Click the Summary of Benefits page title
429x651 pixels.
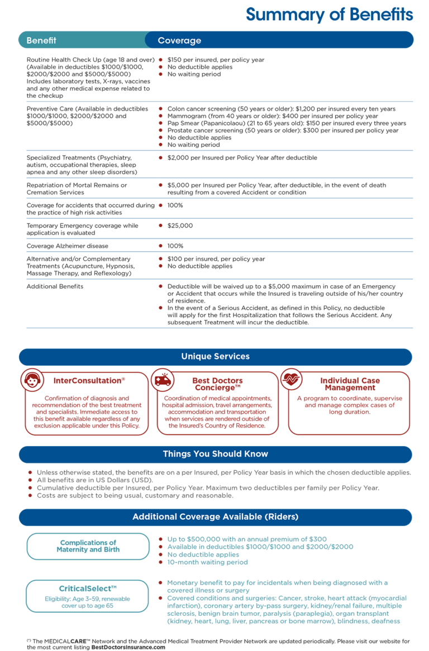tap(329, 15)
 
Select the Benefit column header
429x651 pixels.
tap(41, 40)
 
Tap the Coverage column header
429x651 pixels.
tap(179, 40)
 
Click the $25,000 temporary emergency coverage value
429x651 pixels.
tap(180, 226)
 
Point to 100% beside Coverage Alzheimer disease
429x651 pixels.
tap(175, 246)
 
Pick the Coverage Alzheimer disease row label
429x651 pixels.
tap(68, 246)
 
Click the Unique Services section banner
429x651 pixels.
tap(215, 356)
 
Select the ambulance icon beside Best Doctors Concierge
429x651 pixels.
tap(163, 380)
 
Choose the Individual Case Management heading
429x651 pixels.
tap(350, 384)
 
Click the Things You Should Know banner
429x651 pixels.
tap(215, 454)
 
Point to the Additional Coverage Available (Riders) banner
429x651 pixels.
tap(215, 516)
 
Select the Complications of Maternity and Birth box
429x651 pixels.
tap(88, 546)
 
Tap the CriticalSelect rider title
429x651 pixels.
tap(88, 588)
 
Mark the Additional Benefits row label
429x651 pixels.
tap(55, 286)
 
